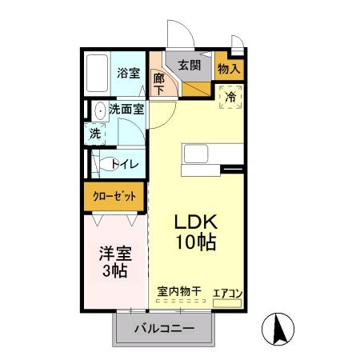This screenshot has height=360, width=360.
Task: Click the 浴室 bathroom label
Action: (128, 73)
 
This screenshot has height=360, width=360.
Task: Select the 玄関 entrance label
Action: (190, 66)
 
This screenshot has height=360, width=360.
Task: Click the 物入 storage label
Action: (229, 69)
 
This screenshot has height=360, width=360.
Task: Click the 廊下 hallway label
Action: (159, 83)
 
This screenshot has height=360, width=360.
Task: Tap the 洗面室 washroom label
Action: (126, 110)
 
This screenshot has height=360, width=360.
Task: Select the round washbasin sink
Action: (98, 110)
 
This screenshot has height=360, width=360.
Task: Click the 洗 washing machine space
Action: (94, 134)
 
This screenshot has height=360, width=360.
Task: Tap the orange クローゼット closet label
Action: (114, 195)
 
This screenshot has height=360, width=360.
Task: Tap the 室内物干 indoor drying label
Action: (178, 293)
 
